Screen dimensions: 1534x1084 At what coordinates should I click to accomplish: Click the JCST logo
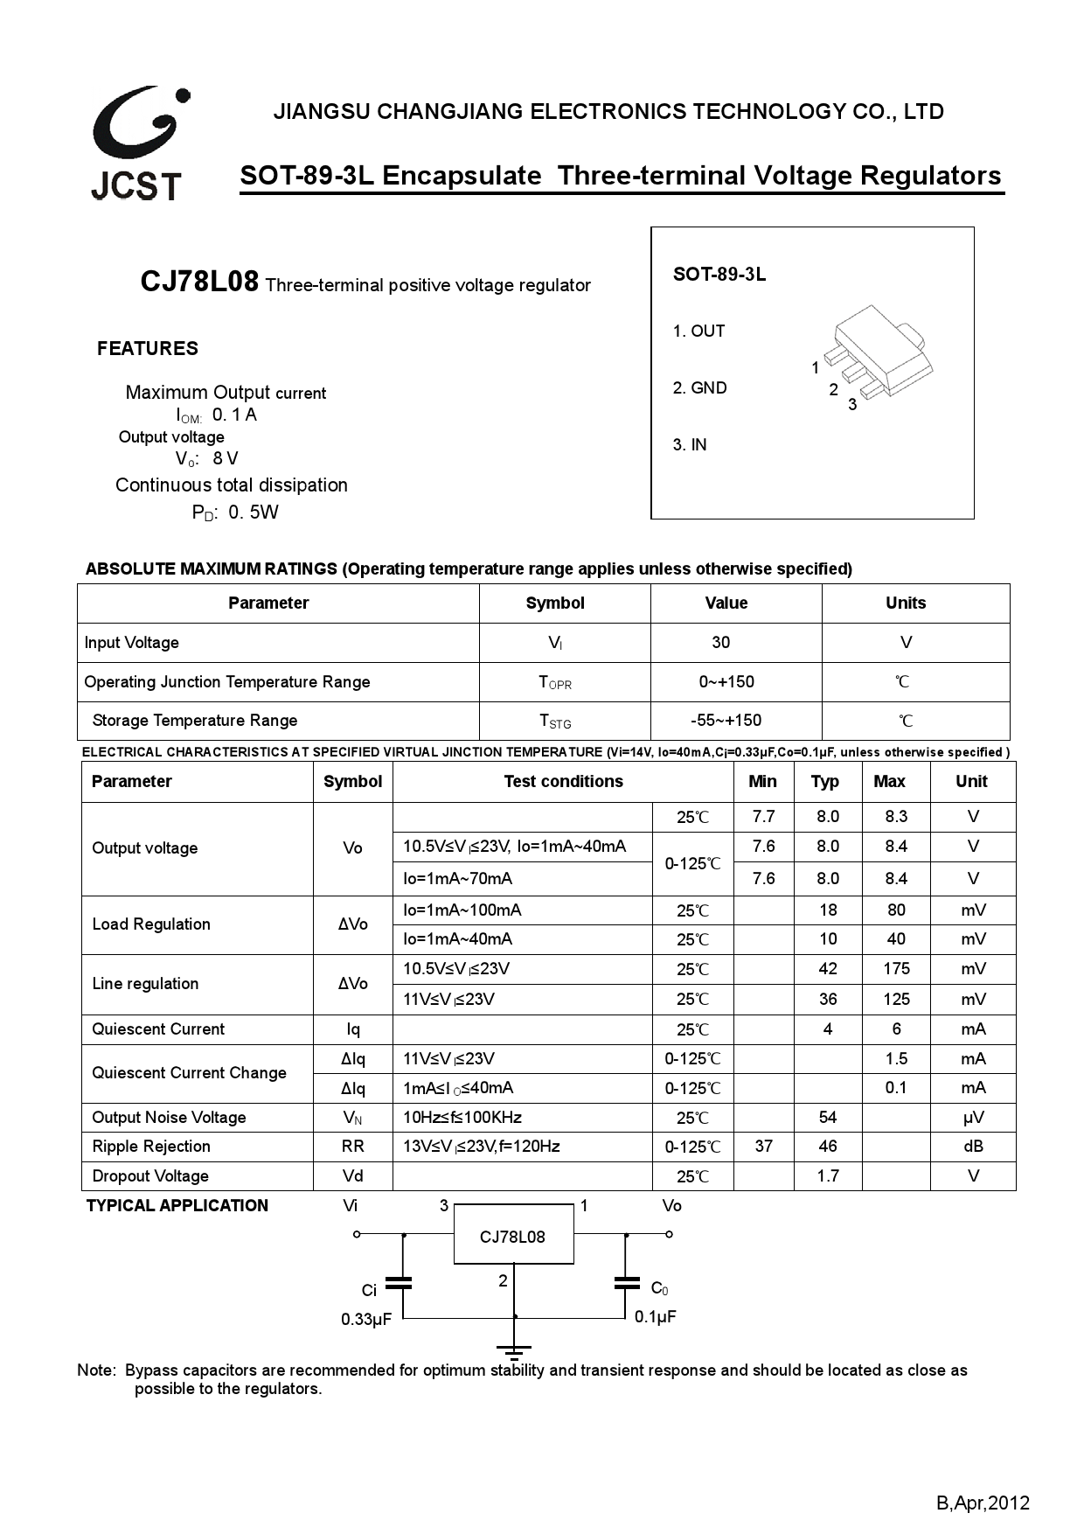(138, 143)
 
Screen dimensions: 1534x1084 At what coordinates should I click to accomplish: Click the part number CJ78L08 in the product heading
(199, 282)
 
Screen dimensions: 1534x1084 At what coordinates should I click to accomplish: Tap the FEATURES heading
(148, 349)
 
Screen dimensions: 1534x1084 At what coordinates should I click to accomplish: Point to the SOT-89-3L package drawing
(878, 353)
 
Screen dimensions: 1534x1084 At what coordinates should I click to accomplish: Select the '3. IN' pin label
(690, 445)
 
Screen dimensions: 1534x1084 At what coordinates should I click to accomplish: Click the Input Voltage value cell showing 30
(720, 643)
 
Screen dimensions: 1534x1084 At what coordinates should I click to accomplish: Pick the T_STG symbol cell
(555, 722)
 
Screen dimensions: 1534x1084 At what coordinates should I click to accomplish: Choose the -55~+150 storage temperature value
(726, 721)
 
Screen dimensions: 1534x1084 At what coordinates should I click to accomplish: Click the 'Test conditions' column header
(563, 782)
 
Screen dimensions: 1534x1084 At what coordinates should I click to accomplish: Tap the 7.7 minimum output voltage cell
(763, 817)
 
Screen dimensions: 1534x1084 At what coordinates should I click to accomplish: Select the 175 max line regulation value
(896, 969)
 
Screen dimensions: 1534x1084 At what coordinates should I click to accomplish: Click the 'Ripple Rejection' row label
(151, 1147)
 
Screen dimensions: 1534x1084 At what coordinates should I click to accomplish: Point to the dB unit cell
(973, 1147)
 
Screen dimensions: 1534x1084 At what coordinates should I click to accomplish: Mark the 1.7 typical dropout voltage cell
(828, 1176)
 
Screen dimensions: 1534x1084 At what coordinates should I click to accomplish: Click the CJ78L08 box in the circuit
(513, 1237)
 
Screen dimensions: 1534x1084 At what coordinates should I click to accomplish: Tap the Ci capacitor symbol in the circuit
(399, 1284)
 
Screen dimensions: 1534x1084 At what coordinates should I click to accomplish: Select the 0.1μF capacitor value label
(656, 1317)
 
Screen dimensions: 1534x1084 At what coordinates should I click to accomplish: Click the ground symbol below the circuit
(514, 1351)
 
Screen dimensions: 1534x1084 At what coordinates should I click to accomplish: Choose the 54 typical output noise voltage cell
(828, 1118)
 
